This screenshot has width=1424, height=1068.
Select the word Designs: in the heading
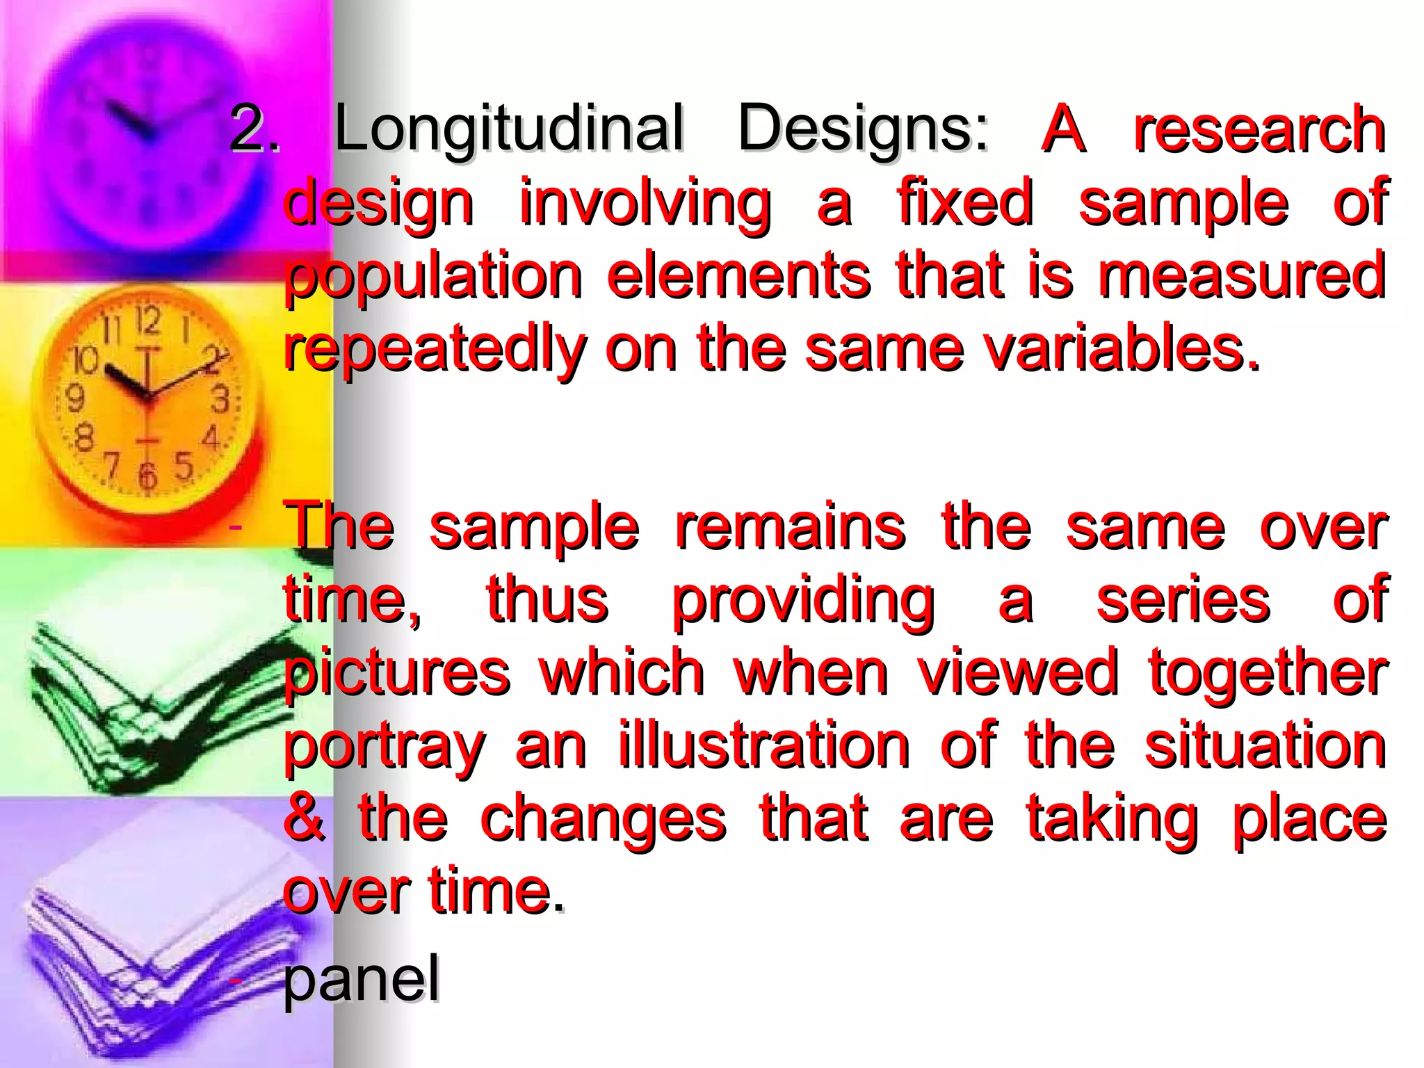[862, 129]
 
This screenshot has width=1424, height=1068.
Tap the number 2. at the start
[254, 129]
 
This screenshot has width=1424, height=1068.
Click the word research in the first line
[1259, 129]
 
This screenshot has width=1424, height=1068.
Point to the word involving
[645, 203]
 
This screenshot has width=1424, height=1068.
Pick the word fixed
[965, 203]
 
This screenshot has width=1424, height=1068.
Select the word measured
[1242, 276]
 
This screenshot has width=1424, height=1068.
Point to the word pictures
[397, 674]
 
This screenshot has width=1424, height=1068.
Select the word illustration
[764, 746]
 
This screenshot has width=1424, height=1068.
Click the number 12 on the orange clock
[147, 321]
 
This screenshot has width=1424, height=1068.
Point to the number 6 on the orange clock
[147, 476]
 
